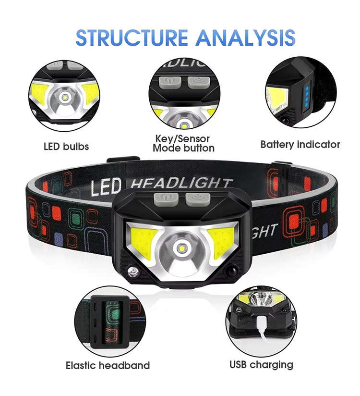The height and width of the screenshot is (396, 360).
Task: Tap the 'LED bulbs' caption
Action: tap(66, 146)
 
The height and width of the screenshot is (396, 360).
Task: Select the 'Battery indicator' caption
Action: tap(300, 144)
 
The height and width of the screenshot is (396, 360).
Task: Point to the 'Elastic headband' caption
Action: tap(108, 366)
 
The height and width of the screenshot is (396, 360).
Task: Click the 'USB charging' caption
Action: tap(261, 364)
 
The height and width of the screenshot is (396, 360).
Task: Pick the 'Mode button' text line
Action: tap(183, 148)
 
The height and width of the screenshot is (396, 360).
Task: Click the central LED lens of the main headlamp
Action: tap(181, 249)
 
